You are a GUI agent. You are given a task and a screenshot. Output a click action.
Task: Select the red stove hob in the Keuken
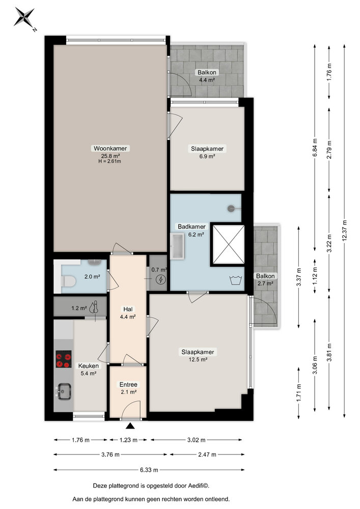coord(64,360)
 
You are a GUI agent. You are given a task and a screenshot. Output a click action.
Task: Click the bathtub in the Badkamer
coord(178,247)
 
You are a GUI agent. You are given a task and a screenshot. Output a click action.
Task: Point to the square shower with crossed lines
coord(227,245)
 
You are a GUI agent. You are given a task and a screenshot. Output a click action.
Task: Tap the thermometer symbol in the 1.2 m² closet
coord(94,307)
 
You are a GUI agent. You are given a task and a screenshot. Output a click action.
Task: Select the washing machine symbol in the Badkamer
coord(235,279)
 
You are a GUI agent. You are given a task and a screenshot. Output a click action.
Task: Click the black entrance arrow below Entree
coord(130,427)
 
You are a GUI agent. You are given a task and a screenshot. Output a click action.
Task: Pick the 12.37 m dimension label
coord(345,222)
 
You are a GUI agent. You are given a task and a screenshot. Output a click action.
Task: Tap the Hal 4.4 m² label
coord(128,313)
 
